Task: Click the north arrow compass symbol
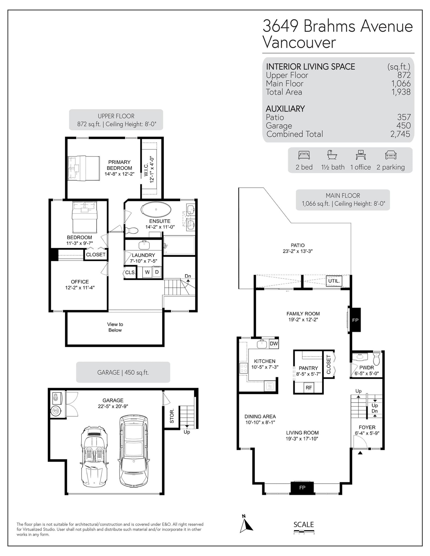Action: [x=246, y=524]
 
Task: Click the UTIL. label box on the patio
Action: [x=334, y=281]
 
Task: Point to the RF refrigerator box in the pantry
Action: [x=309, y=387]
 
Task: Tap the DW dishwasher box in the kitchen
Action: [x=274, y=344]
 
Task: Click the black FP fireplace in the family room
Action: [x=355, y=320]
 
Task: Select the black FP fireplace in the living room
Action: [x=302, y=487]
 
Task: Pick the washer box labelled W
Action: [x=147, y=272]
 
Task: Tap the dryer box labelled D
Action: [x=157, y=272]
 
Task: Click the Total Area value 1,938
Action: [x=401, y=92]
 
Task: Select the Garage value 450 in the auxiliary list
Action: [x=404, y=125]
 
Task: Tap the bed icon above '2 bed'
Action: [x=304, y=155]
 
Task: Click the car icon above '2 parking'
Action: [x=391, y=155]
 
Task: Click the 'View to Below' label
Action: [x=115, y=327]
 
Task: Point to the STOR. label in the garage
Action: [x=172, y=416]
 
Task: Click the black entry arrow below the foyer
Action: [x=360, y=453]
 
